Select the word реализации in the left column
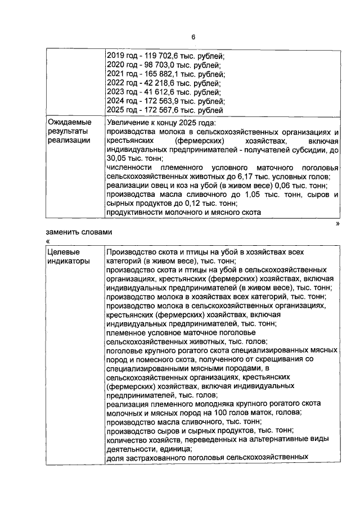click(69, 141)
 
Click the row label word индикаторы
click(68, 261)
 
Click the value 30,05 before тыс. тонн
click(116, 159)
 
